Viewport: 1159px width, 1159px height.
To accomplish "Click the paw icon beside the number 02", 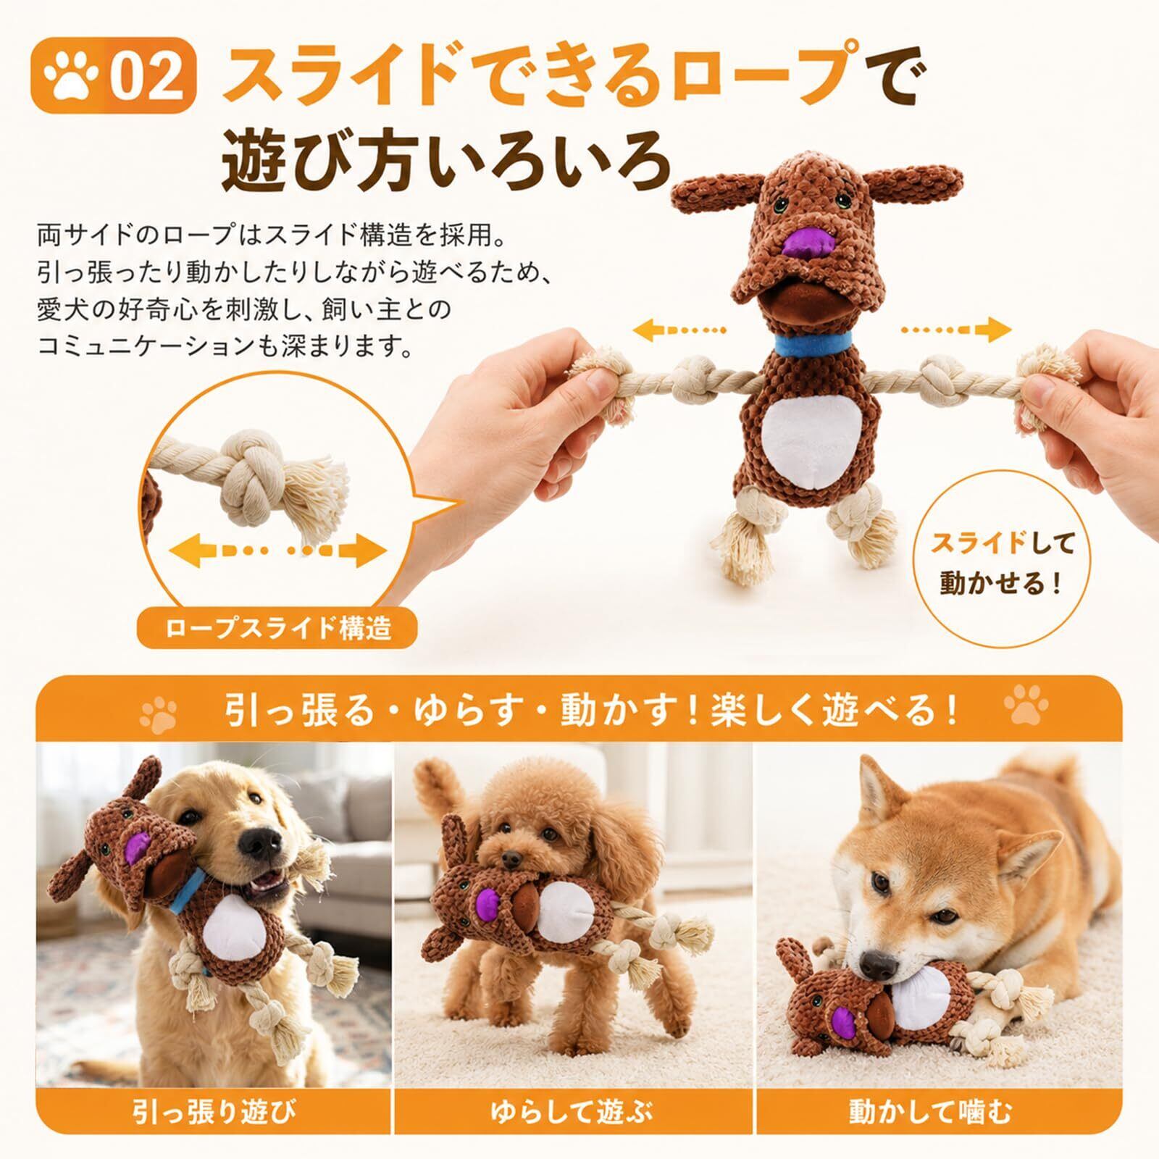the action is [x=72, y=78].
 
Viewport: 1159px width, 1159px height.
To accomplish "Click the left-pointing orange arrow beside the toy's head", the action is [x=679, y=330].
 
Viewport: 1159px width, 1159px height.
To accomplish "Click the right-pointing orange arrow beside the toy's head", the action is [x=956, y=330].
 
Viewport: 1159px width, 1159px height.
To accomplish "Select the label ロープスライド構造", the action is [x=278, y=627].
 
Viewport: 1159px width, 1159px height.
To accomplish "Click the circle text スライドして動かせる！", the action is [x=1003, y=563].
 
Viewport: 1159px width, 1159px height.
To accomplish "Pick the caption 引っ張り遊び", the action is [x=214, y=1112].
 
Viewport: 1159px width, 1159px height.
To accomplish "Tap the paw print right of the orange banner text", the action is [x=1026, y=706].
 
